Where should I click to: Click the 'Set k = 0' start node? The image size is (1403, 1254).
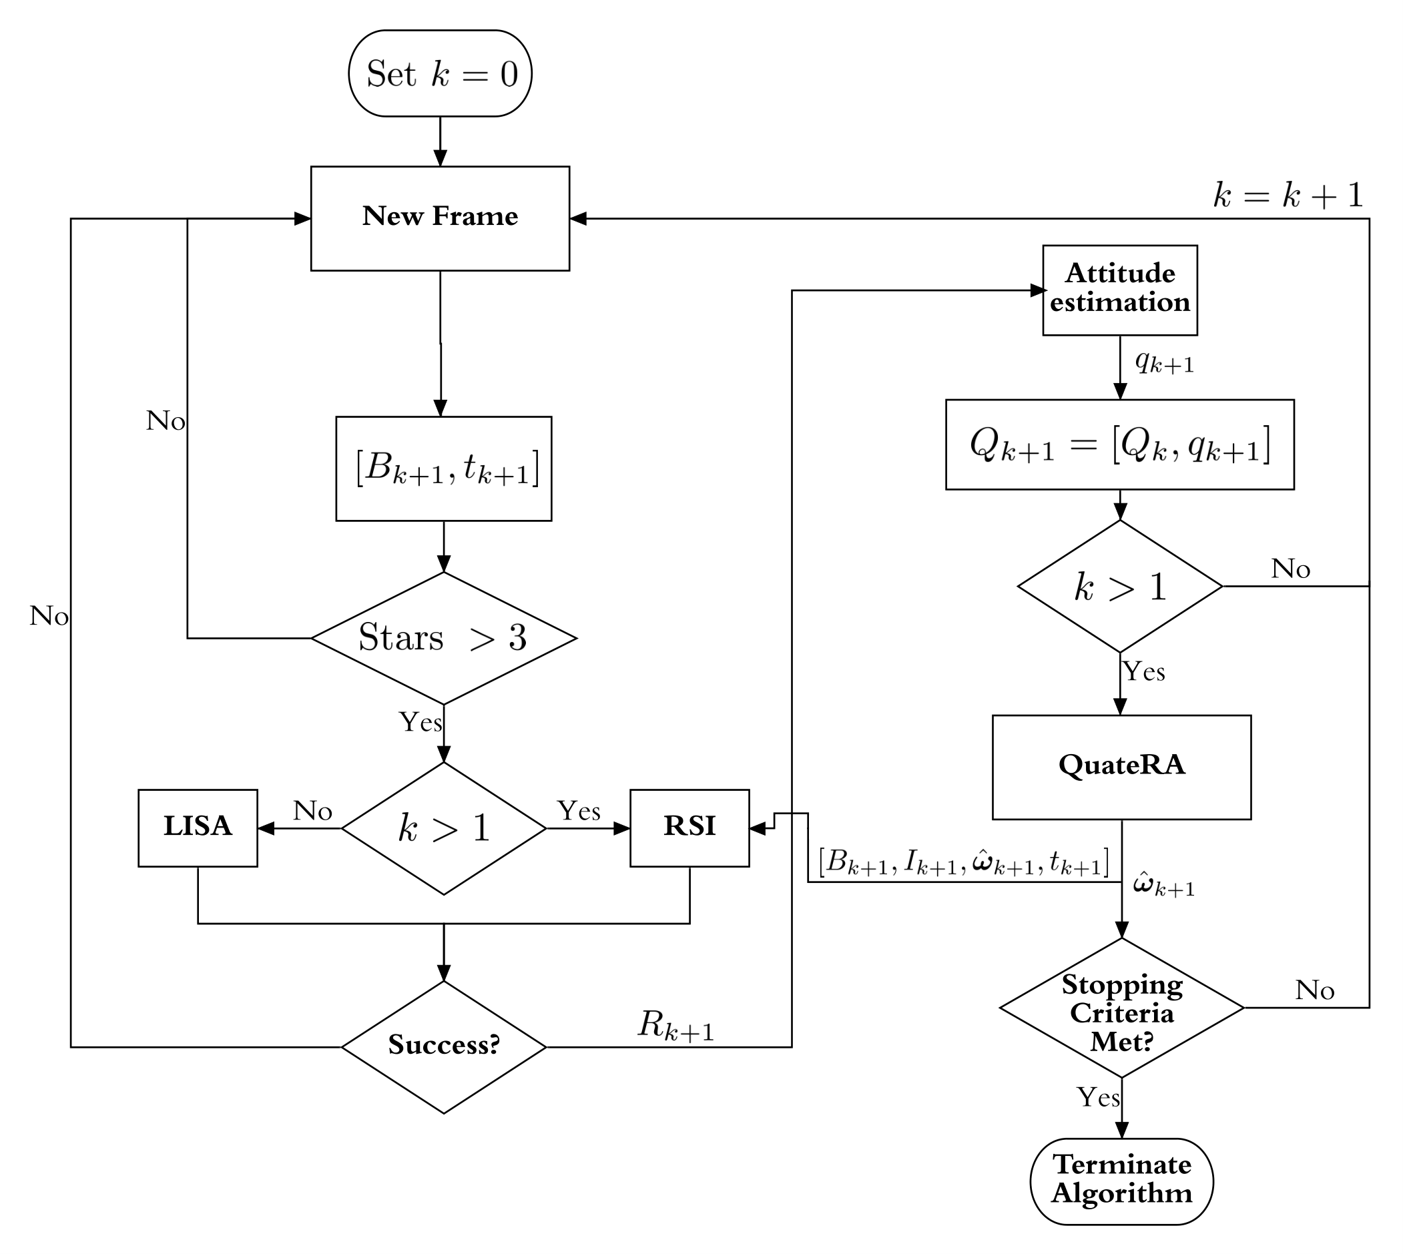(440, 73)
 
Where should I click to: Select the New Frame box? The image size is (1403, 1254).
(440, 218)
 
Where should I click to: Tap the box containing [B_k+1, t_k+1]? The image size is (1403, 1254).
(444, 468)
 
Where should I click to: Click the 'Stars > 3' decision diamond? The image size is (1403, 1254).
(444, 638)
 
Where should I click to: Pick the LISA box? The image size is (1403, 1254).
(198, 828)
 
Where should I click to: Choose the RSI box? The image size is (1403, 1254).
(689, 828)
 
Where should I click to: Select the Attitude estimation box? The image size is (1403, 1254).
(1120, 290)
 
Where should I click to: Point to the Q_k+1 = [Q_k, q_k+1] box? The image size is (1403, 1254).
(1120, 444)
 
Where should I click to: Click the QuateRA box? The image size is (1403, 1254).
(1122, 767)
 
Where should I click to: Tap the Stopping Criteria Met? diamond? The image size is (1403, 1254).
(1122, 1007)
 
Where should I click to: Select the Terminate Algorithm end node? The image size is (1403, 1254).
(1122, 1181)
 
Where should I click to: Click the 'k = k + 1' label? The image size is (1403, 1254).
(1288, 196)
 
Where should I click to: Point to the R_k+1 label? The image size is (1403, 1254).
(676, 1025)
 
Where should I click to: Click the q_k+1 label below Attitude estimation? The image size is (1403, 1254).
(1165, 362)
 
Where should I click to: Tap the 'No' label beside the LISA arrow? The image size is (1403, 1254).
(313, 811)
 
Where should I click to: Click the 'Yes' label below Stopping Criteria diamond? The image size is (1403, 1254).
(1099, 1097)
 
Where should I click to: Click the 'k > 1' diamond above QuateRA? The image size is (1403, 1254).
(1120, 587)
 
